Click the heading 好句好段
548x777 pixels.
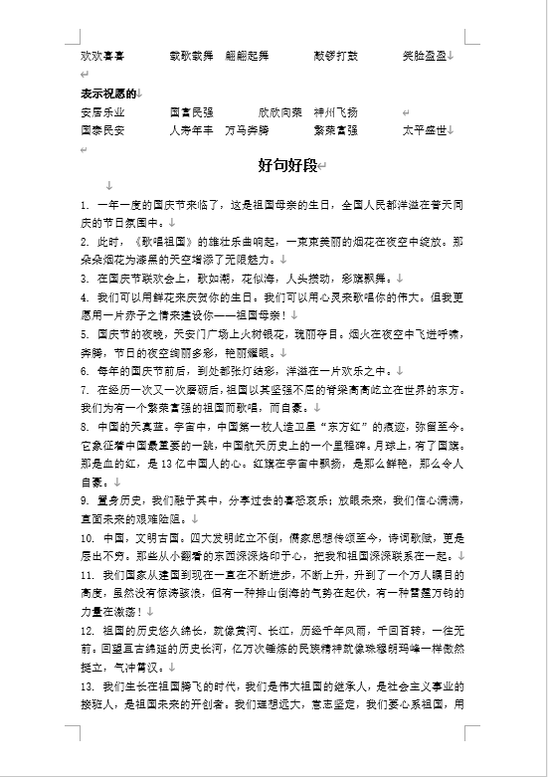click(x=284, y=164)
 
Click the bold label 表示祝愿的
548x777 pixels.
click(x=108, y=94)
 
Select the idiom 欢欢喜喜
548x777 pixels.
click(x=102, y=56)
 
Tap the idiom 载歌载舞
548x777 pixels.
click(x=191, y=56)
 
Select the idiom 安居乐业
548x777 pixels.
click(x=102, y=112)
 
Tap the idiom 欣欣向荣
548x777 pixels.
click(x=280, y=112)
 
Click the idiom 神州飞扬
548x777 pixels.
click(x=335, y=112)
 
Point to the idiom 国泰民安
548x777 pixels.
click(x=102, y=130)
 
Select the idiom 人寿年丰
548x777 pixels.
click(x=191, y=130)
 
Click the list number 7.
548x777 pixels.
click(x=85, y=389)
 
